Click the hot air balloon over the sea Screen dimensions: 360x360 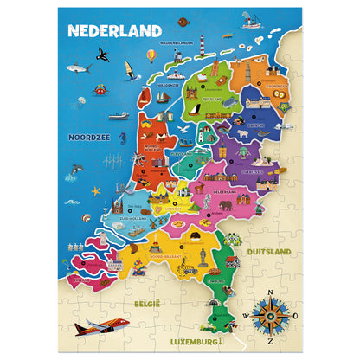pyautogui.click(x=151, y=55)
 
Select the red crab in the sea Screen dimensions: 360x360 pyautogui.click(x=100, y=88)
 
